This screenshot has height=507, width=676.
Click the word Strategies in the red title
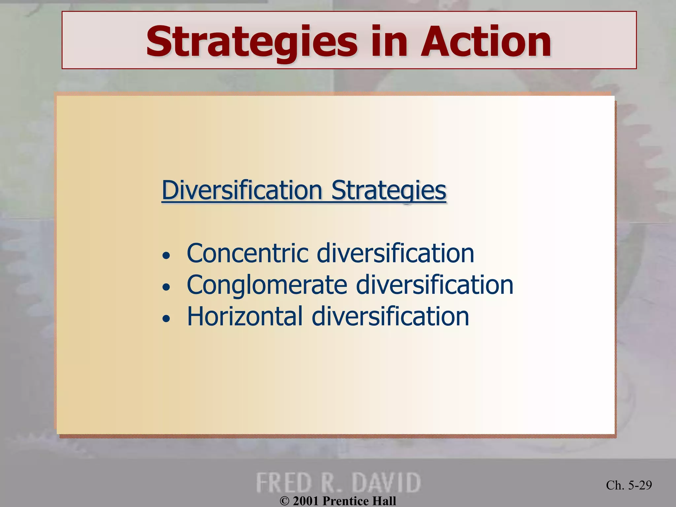pos(252,42)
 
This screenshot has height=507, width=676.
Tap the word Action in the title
pos(486,42)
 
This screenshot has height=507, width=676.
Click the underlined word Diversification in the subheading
pos(242,190)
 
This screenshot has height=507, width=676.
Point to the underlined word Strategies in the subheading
pos(389,190)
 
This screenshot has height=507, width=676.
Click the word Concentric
pos(248,253)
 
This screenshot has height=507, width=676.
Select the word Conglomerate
pos(267,285)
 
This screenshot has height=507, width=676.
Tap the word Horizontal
pos(245,317)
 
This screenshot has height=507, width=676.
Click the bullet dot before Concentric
pos(166,255)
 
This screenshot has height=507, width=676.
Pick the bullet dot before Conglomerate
pos(166,287)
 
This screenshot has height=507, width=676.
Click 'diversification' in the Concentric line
pos(395,253)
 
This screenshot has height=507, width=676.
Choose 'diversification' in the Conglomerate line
pos(434,285)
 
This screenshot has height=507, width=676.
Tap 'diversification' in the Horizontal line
pos(390,317)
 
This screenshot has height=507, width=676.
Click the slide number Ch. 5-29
pos(629,485)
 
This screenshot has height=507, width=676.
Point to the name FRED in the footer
pos(284,483)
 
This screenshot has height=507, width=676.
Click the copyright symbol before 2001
pos(285,501)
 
